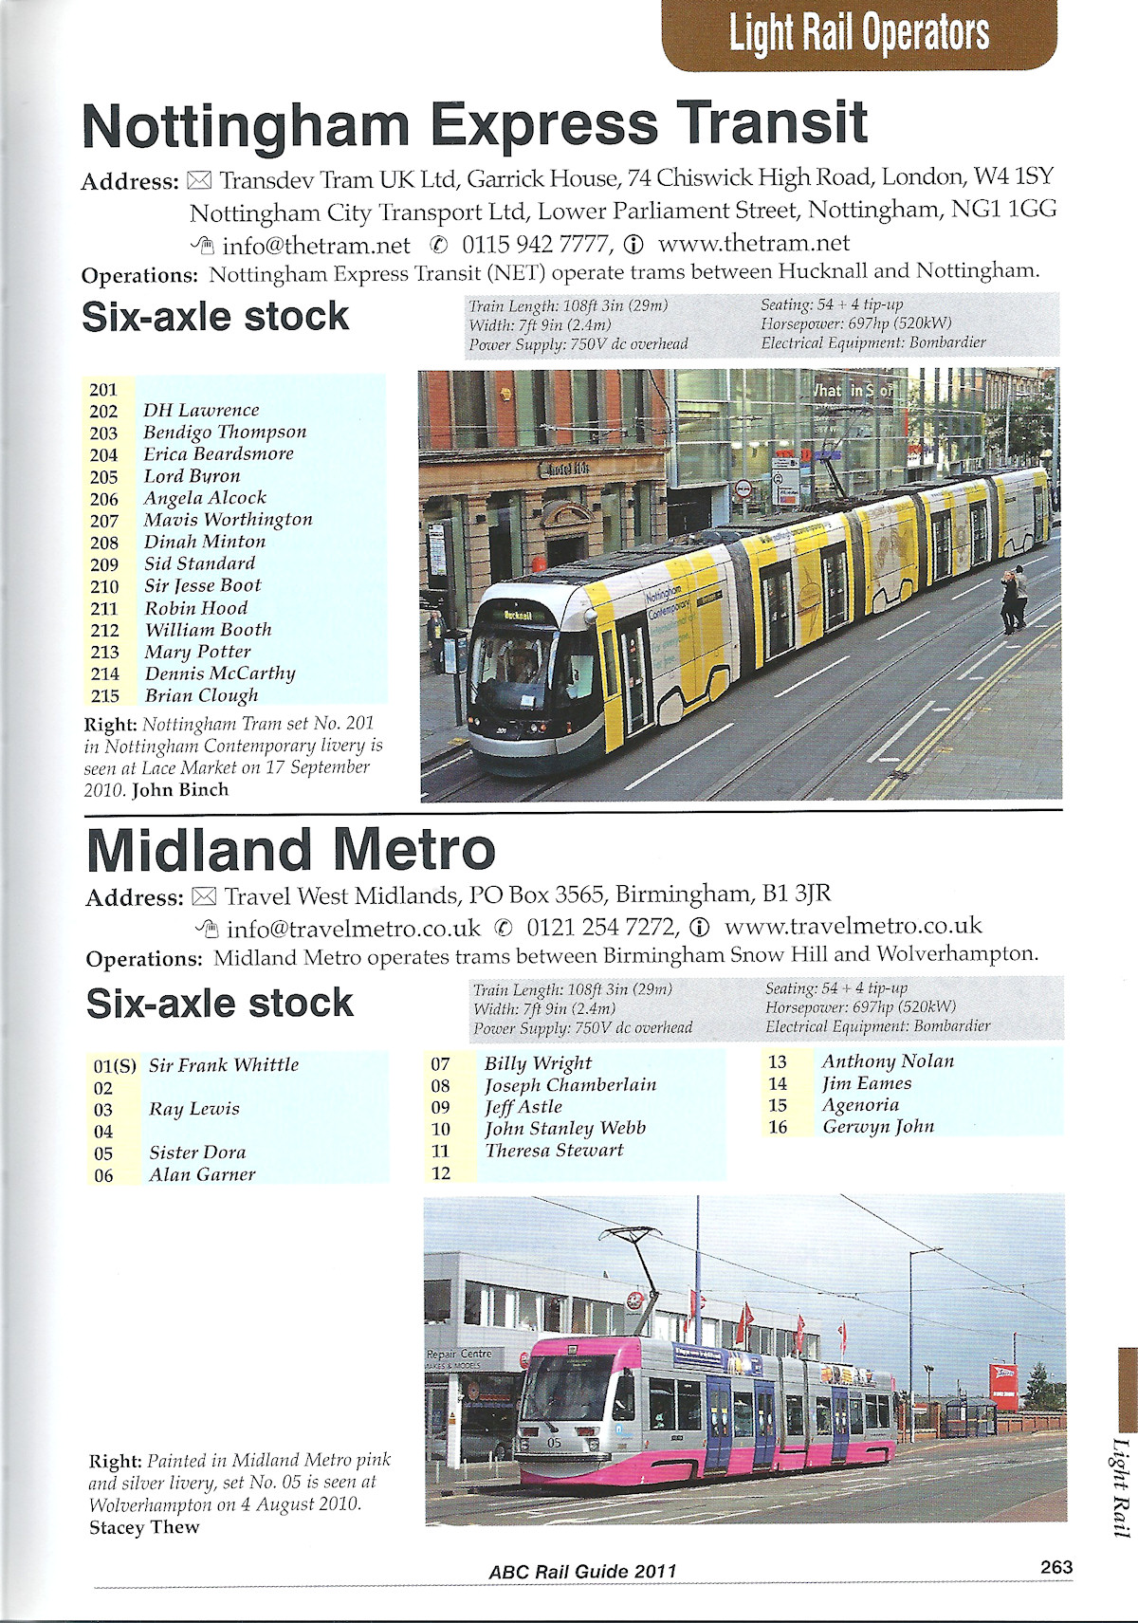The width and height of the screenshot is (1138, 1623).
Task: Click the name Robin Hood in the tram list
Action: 196,608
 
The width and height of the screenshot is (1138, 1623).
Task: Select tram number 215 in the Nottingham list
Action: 104,696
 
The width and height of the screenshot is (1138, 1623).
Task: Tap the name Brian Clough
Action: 201,696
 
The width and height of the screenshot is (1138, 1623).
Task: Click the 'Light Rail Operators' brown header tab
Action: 858,34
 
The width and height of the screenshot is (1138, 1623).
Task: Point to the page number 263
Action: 1055,1567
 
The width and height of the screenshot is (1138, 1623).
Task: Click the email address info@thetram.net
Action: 316,246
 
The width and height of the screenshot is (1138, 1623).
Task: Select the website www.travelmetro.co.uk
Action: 853,926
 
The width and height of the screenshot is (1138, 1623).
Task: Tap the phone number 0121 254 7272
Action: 601,927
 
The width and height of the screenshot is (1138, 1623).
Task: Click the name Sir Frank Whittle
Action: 224,1065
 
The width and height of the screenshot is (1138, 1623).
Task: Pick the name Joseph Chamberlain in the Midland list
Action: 570,1085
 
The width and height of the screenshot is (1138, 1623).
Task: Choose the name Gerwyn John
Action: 878,1126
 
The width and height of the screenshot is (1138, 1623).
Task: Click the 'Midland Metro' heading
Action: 291,850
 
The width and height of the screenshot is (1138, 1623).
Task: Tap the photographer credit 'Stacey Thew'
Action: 144,1527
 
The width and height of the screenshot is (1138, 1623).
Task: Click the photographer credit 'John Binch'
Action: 180,789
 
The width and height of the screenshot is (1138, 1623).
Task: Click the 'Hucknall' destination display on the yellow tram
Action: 518,615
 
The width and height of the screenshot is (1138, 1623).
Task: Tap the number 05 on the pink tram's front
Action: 555,1442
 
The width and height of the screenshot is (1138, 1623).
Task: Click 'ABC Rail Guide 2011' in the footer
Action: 582,1572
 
